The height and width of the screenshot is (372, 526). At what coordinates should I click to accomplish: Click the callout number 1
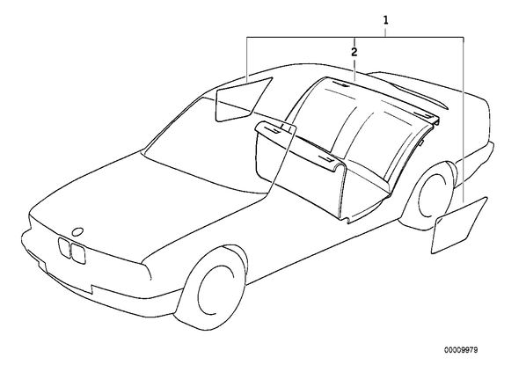click(386, 20)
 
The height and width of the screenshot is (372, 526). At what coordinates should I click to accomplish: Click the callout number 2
click(354, 52)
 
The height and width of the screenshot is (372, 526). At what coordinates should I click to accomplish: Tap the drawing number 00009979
click(461, 350)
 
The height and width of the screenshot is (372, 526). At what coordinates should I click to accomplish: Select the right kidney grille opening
click(77, 252)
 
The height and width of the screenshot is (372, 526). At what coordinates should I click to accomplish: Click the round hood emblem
click(77, 231)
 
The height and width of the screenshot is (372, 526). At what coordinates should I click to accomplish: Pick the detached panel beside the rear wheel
click(459, 225)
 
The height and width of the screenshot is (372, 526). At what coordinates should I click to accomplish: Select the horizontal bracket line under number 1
click(355, 37)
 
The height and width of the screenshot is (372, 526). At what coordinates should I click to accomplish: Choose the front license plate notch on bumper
click(67, 280)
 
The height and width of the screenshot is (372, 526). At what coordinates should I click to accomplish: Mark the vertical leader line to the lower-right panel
click(464, 120)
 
